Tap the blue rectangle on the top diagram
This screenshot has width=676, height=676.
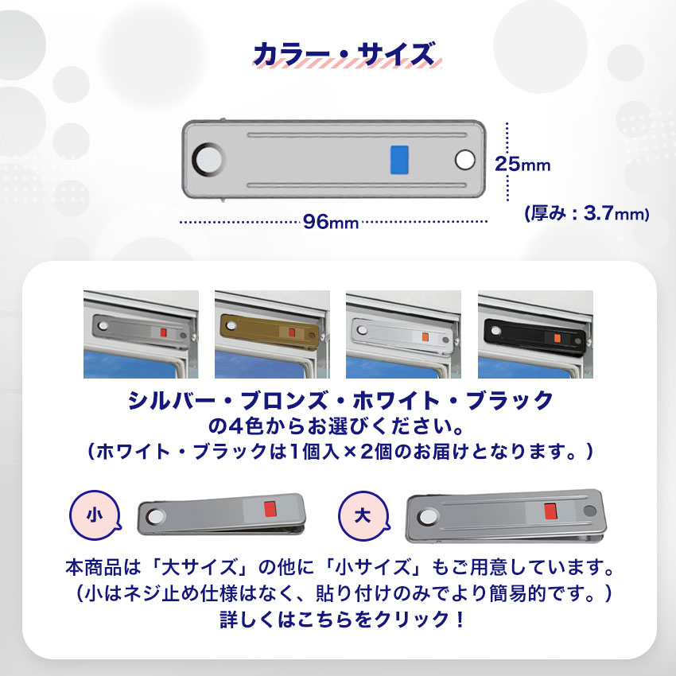[x=400, y=159]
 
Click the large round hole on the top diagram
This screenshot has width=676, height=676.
[x=209, y=159]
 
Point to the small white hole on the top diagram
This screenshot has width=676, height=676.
[x=464, y=160]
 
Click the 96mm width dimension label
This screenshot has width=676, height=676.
[x=331, y=222]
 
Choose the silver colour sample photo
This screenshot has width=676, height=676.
[x=141, y=334]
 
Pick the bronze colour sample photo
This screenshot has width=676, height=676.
[x=272, y=334]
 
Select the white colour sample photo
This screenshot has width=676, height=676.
[x=403, y=334]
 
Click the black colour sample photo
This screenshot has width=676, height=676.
[x=534, y=334]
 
